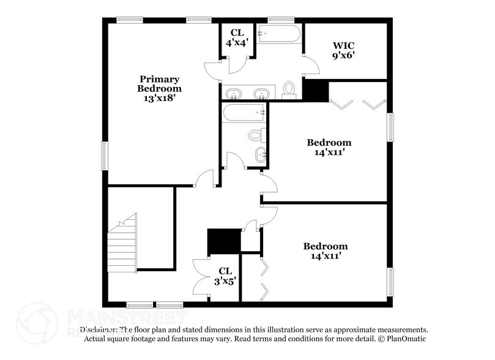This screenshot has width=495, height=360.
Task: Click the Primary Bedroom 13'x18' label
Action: (x=159, y=88)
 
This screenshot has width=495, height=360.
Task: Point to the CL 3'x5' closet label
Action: (x=225, y=276)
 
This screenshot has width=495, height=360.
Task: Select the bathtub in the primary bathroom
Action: (x=278, y=33)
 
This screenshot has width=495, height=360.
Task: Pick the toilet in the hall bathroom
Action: (x=256, y=135)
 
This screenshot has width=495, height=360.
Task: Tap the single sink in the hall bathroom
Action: (x=259, y=154)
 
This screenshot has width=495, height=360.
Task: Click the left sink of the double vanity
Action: (x=234, y=94)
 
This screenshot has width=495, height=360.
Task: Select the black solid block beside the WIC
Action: (x=316, y=91)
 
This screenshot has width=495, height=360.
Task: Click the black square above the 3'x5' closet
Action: (x=224, y=240)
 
